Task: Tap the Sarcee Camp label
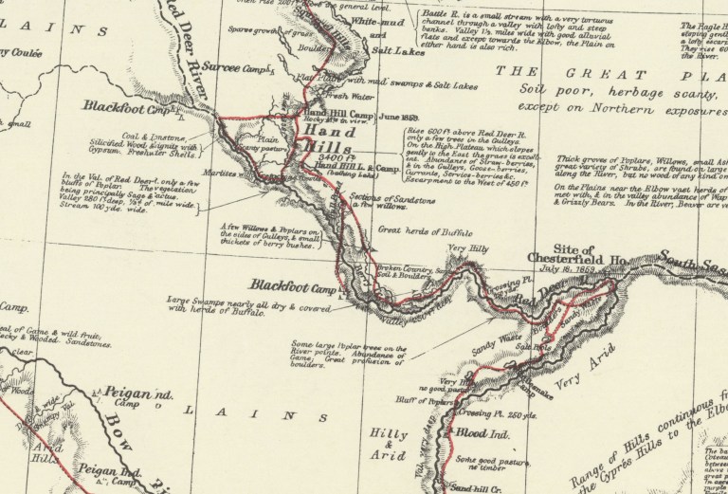click(244, 69)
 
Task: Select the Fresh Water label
click(346, 94)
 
